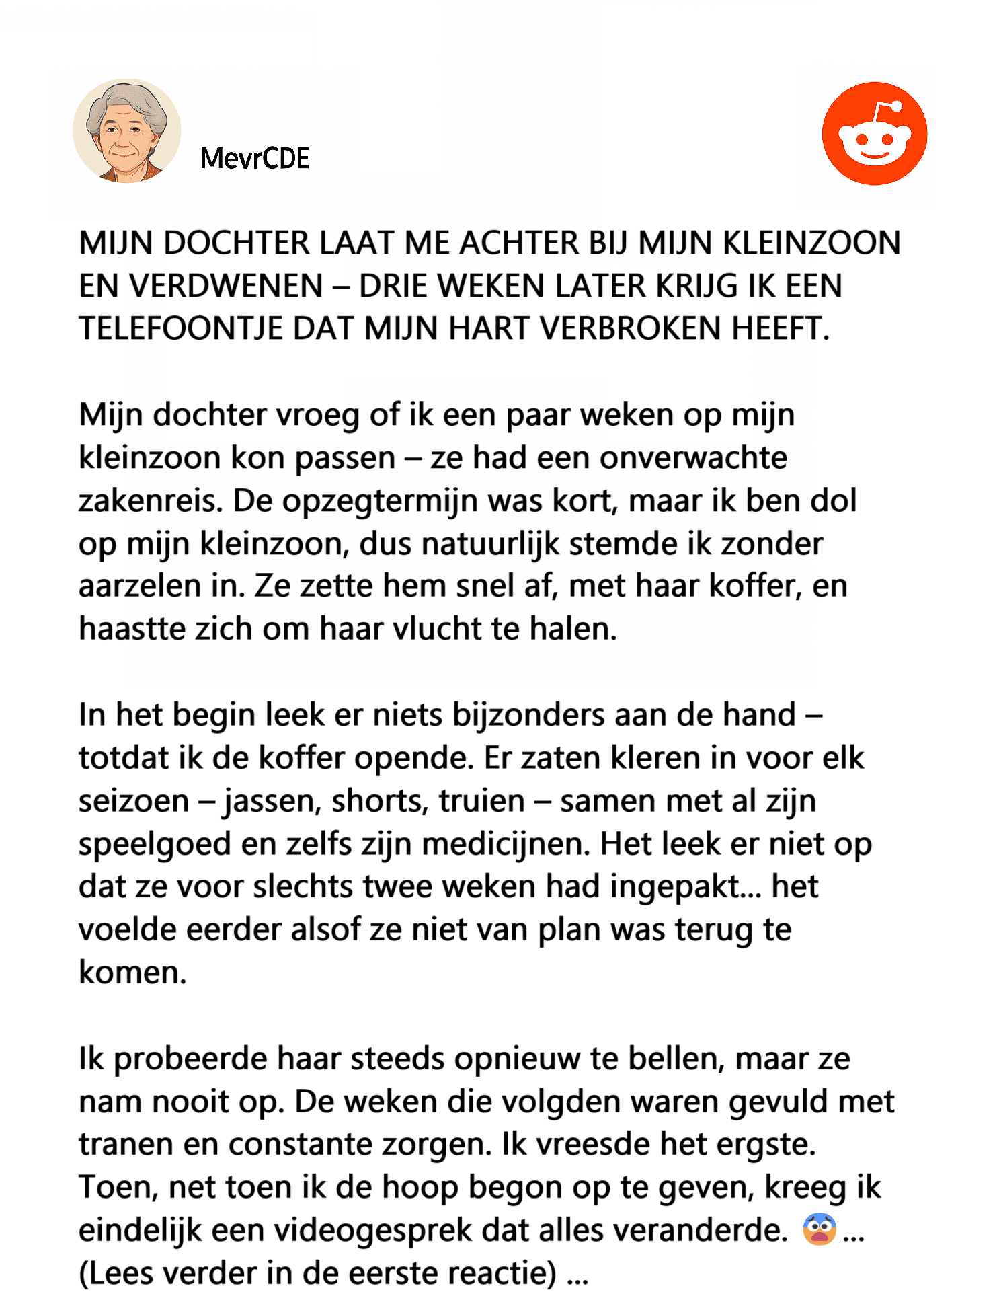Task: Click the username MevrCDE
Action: pos(255,159)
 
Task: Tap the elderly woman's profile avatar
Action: pos(127,131)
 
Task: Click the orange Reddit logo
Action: pos(874,134)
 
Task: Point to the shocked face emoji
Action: pos(820,1229)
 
